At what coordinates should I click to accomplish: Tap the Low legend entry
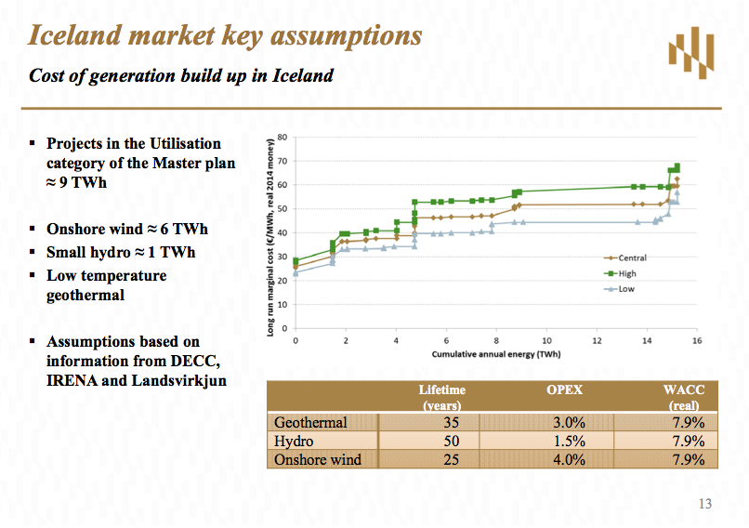tap(625, 289)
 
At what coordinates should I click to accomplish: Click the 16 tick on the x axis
tap(696, 340)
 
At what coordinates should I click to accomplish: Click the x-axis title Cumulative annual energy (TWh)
tap(495, 354)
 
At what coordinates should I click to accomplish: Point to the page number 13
tap(703, 505)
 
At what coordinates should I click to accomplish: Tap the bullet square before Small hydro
tap(33, 252)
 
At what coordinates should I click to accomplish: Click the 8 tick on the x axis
tap(496, 340)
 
